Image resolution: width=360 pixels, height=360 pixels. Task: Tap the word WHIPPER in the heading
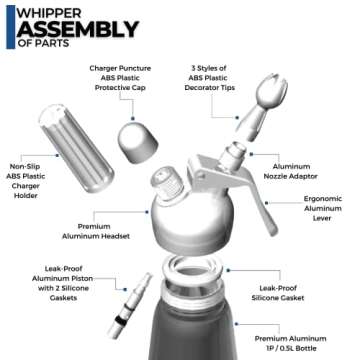click(47, 11)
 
